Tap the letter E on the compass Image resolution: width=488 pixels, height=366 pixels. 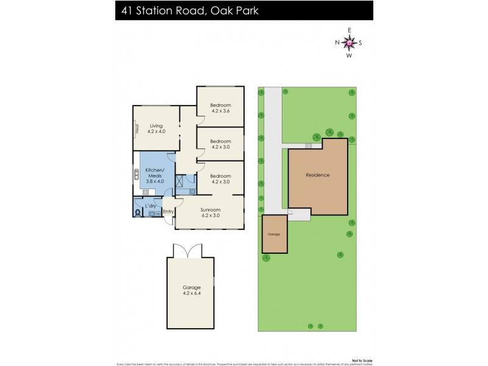(350, 30)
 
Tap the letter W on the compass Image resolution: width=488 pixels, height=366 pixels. (350, 56)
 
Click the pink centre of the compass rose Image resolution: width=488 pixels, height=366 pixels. (350, 43)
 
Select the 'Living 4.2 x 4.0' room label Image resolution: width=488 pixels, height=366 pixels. (157, 129)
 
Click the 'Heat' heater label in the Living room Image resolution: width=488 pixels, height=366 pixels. (137, 129)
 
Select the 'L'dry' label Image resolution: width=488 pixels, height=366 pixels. (150, 206)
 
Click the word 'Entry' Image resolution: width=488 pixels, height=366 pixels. (168, 212)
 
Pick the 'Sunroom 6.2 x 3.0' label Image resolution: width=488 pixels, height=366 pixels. (210, 212)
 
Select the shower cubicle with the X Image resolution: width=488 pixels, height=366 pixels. (181, 182)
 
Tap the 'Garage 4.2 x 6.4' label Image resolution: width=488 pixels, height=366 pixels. (191, 290)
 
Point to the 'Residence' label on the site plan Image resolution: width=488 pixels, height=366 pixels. (317, 175)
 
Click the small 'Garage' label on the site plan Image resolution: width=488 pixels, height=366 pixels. (273, 234)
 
